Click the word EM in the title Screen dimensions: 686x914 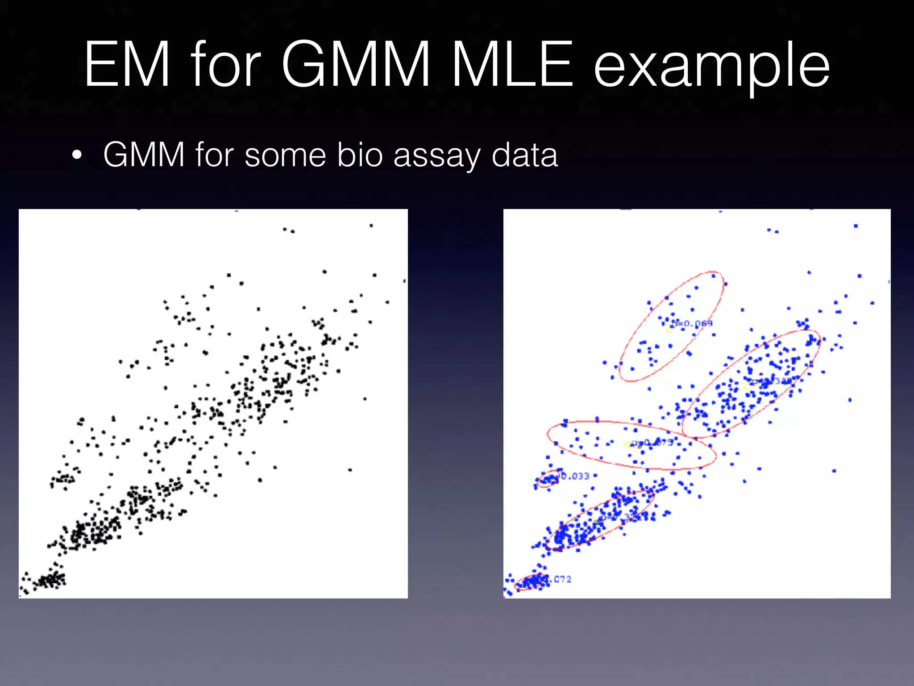pos(128,65)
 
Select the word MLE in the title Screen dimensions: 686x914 pos(512,65)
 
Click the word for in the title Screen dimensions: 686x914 pos(226,65)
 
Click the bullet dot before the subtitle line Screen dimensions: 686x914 pos(77,156)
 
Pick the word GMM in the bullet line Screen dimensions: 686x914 pos(144,155)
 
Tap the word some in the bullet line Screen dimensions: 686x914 pos(286,156)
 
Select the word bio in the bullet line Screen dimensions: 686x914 pos(360,155)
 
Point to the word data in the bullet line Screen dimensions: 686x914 pos(524,155)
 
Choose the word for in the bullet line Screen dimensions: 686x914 pos(215,155)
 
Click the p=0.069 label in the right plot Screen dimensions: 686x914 pos(692,323)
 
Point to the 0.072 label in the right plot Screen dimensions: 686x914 pos(560,579)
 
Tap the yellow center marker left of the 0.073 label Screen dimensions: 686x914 pos(627,444)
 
